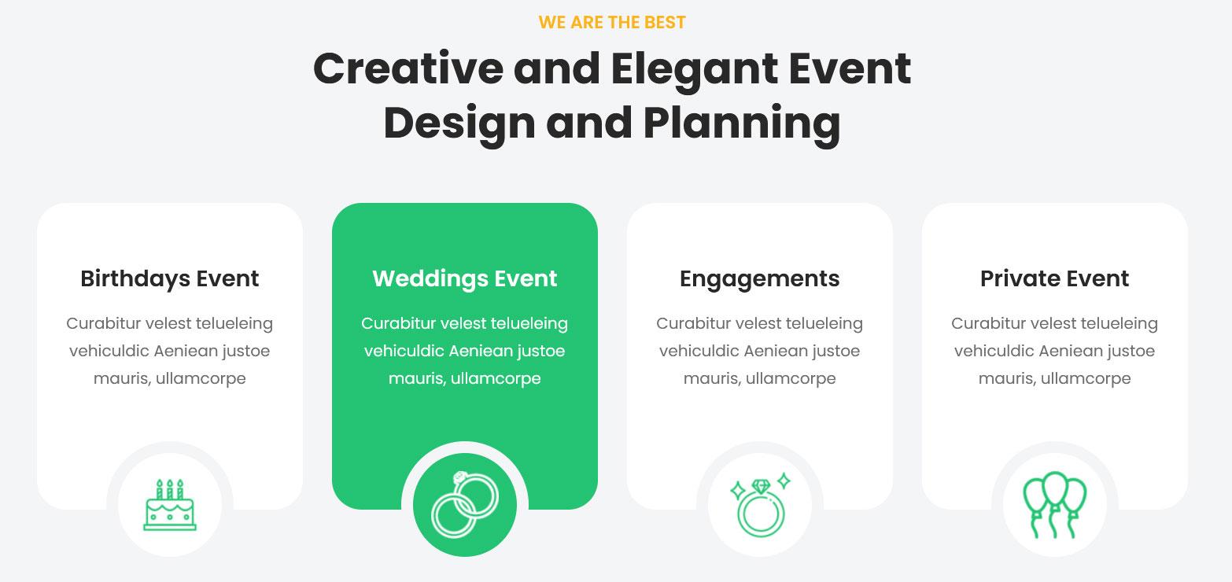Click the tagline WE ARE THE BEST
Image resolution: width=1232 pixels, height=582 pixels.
(612, 23)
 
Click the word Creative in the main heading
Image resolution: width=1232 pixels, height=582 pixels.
(408, 68)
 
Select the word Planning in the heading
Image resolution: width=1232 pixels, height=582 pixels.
(742, 124)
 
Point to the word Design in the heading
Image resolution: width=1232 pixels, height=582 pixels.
(459, 124)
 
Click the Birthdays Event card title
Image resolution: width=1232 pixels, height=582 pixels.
(169, 279)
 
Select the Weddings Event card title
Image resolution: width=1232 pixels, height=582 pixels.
(465, 279)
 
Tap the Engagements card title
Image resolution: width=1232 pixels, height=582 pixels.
(759, 279)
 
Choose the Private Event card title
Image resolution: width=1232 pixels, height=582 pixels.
(1054, 278)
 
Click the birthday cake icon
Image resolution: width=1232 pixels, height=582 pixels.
(170, 505)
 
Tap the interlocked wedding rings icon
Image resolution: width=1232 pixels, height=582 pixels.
(465, 504)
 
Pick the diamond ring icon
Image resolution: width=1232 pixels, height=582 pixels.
(761, 505)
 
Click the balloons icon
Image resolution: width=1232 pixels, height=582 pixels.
(1054, 504)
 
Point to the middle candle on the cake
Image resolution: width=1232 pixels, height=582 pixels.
(170, 488)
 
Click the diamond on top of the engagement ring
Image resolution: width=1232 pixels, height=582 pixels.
(762, 486)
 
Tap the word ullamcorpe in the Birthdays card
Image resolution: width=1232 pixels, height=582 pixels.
(201, 379)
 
